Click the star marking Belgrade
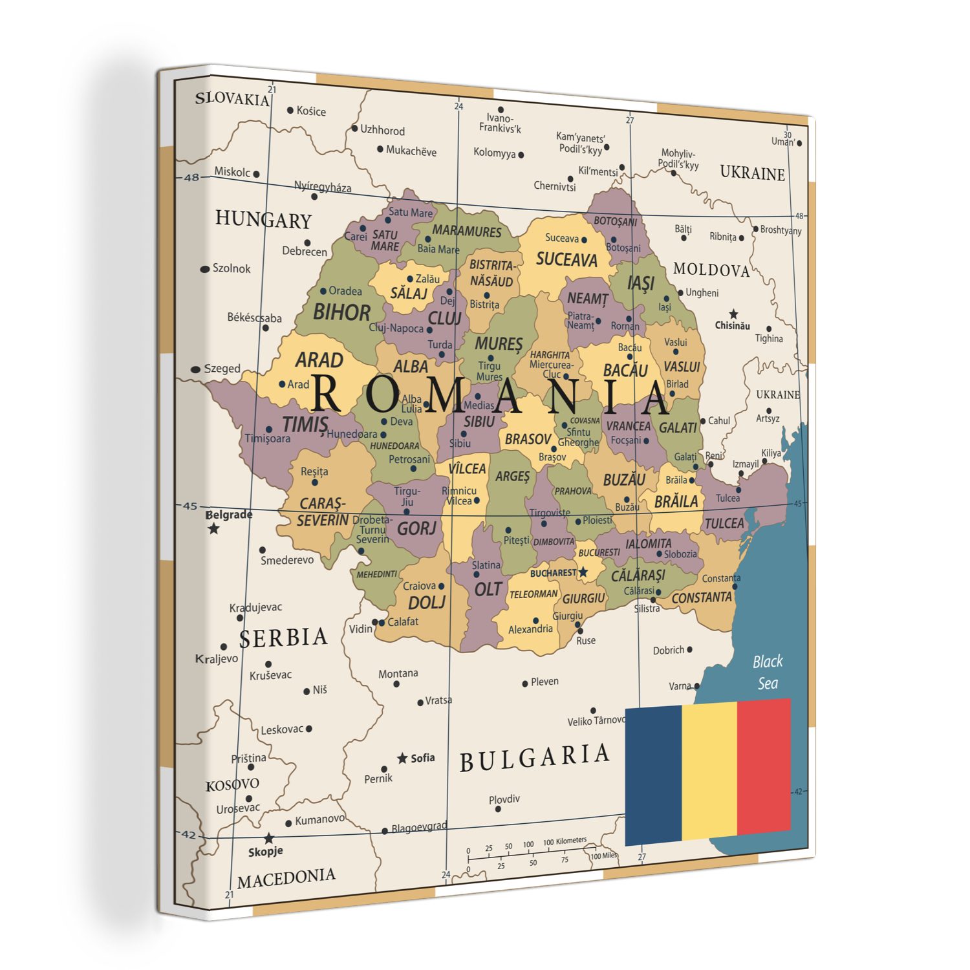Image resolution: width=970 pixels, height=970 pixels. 213,529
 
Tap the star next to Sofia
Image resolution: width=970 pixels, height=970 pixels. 402,758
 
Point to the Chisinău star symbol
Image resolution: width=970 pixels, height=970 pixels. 733,314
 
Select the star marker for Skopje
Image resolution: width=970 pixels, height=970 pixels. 269,839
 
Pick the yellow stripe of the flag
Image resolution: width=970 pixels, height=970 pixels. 709,771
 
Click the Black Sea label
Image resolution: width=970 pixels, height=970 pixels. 768,673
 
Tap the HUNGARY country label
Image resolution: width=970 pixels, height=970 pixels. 263,220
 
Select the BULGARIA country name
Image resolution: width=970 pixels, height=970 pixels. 534,758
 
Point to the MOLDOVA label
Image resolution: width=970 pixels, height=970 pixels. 711,270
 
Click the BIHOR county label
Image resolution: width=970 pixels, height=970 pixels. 341,313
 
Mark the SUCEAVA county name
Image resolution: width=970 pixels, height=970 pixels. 566,260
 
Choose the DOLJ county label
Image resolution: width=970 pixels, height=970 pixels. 427,603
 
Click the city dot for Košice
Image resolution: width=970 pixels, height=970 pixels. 290,111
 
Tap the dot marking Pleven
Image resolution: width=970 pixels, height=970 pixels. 525,684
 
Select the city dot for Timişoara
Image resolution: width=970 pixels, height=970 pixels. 269,429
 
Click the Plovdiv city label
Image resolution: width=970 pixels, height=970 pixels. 504,799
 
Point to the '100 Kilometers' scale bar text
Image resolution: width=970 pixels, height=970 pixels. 565,841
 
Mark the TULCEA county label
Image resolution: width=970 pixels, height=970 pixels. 724,523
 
